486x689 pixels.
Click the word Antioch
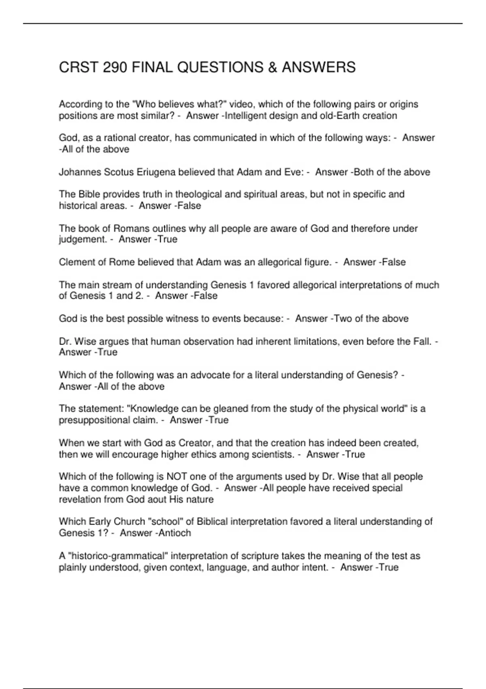(x=173, y=533)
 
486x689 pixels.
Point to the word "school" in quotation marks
(x=165, y=522)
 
